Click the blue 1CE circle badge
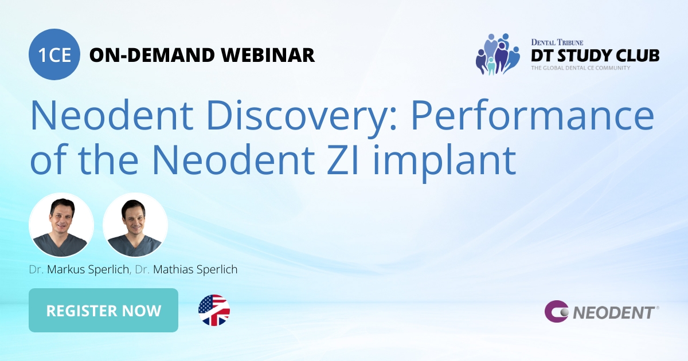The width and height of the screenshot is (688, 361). pyautogui.click(x=54, y=54)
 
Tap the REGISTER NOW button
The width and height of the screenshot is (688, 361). pyautogui.click(x=103, y=311)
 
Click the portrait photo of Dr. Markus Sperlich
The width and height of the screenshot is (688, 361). pyautogui.click(x=61, y=225)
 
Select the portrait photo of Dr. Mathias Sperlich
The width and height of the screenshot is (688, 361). pyautogui.click(x=135, y=225)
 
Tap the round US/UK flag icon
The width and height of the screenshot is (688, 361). pyautogui.click(x=214, y=311)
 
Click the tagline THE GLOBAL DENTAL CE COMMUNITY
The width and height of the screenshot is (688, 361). pyautogui.click(x=580, y=68)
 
